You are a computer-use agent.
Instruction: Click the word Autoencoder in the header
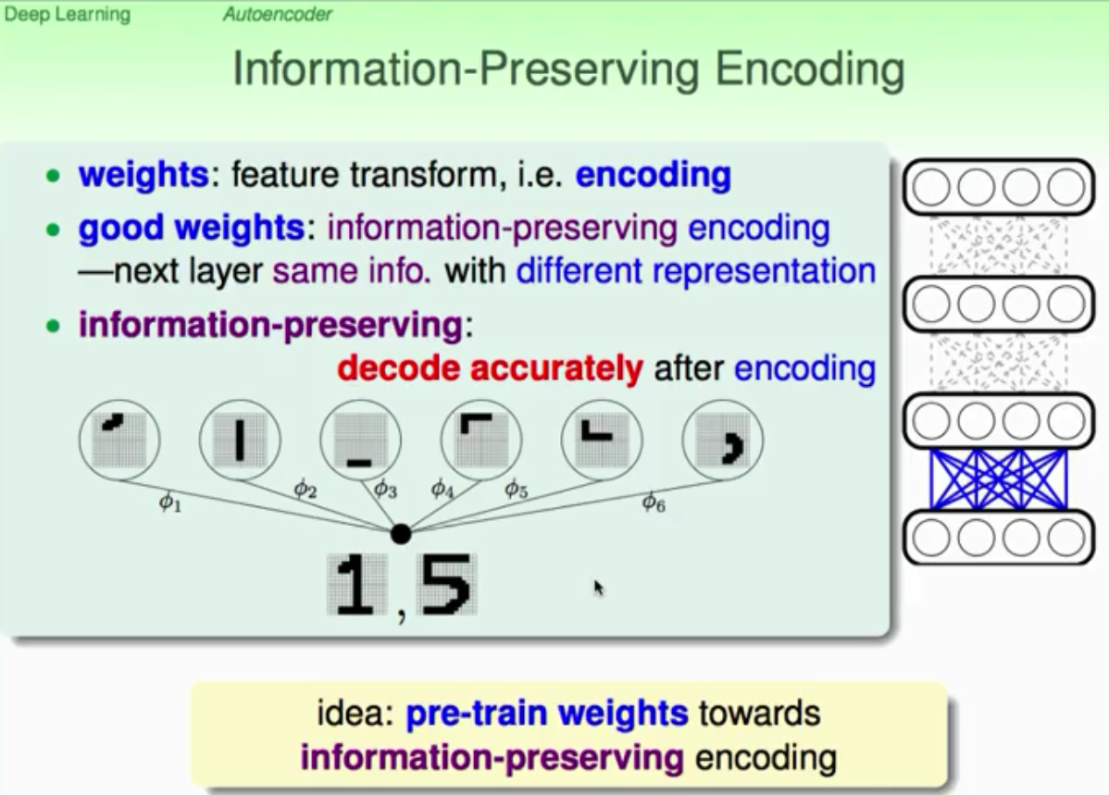pyautogui.click(x=278, y=14)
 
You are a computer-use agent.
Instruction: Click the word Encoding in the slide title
pyautogui.click(x=810, y=70)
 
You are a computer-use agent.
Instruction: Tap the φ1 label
pyautogui.click(x=169, y=503)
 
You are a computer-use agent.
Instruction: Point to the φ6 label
pyautogui.click(x=654, y=503)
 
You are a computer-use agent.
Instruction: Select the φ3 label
pyautogui.click(x=385, y=488)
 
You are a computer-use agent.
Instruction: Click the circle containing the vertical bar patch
pyautogui.click(x=240, y=440)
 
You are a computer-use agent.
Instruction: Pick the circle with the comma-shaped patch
pyautogui.click(x=723, y=440)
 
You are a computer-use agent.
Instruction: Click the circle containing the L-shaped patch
pyautogui.click(x=602, y=440)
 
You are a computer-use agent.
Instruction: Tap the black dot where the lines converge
pyautogui.click(x=400, y=533)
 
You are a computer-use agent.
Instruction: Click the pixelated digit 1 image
pyautogui.click(x=357, y=585)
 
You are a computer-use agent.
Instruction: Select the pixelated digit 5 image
pyautogui.click(x=446, y=585)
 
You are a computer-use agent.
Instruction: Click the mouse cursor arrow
pyautogui.click(x=599, y=588)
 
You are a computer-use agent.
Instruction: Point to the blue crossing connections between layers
pyautogui.click(x=999, y=479)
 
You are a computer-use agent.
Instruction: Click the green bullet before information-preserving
pyautogui.click(x=53, y=326)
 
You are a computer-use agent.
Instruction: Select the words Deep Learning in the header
pyautogui.click(x=68, y=14)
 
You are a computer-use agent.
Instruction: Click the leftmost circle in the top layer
pyautogui.click(x=931, y=188)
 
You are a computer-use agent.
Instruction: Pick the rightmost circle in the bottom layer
pyautogui.click(x=1065, y=539)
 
